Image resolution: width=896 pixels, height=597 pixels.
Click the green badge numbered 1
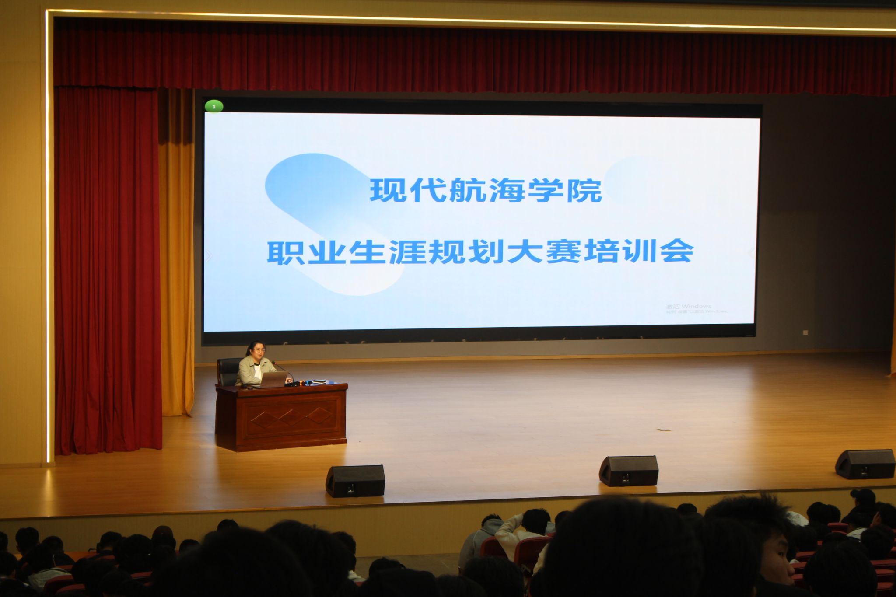214,106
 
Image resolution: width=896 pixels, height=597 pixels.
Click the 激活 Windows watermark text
689,306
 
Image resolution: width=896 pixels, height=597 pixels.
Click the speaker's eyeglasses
259,350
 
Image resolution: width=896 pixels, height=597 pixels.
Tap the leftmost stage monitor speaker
355,481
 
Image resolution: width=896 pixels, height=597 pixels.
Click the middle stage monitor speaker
628,471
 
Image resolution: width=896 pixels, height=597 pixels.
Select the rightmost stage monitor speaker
865,464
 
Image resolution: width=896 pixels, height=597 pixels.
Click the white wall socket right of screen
805,332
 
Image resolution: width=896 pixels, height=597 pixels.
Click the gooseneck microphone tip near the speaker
274,363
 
